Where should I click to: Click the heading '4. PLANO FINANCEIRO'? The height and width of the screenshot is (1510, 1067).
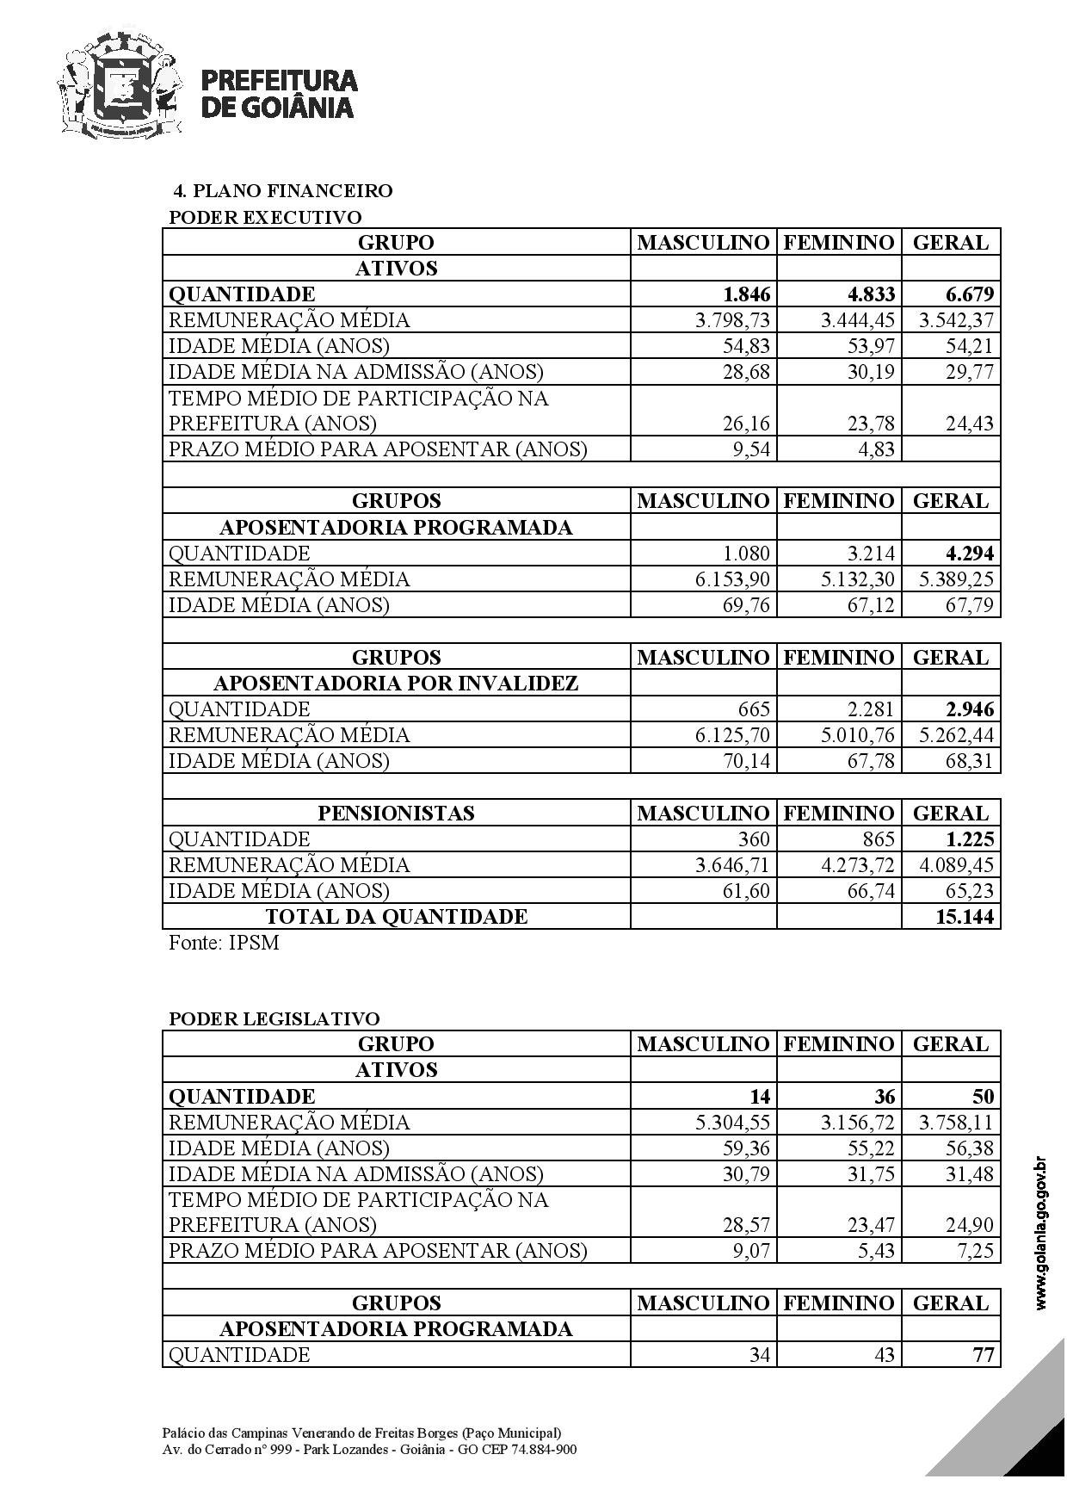coord(283,191)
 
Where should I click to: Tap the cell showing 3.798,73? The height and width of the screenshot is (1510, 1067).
coord(732,320)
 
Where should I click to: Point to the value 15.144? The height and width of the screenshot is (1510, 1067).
coord(965,917)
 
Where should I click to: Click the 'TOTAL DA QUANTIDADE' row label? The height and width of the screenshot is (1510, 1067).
coord(397,917)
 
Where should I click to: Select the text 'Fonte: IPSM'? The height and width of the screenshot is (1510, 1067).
coord(224,943)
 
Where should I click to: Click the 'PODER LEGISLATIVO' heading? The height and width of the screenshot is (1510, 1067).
coord(274,1019)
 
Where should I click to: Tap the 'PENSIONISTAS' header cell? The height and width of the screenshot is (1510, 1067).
coord(397,814)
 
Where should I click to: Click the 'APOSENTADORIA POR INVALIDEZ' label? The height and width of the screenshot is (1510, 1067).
coord(397,684)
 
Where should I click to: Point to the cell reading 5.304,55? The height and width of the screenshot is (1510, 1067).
coord(732,1123)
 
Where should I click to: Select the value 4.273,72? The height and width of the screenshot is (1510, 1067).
coord(858,865)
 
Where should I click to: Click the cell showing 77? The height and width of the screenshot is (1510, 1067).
coord(983,1355)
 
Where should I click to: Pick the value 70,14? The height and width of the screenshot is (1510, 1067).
coord(745,761)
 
